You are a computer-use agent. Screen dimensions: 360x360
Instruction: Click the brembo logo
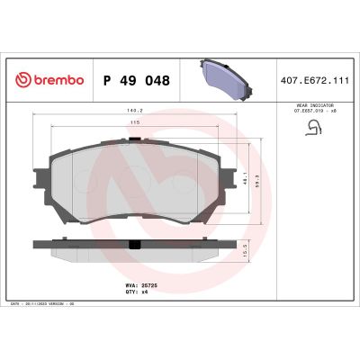pos(50,81)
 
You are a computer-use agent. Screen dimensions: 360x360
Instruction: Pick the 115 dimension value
pos(134,124)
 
